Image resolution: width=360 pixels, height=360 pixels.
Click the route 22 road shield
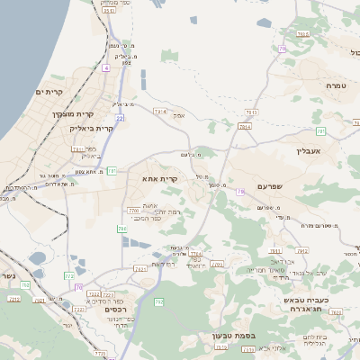click(119, 118)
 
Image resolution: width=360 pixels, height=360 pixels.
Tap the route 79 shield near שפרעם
click(240, 192)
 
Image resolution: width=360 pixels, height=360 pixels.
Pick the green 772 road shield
click(68, 274)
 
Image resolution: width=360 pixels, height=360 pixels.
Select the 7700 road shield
click(134, 210)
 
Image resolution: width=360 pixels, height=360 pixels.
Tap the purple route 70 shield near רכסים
click(79, 288)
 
